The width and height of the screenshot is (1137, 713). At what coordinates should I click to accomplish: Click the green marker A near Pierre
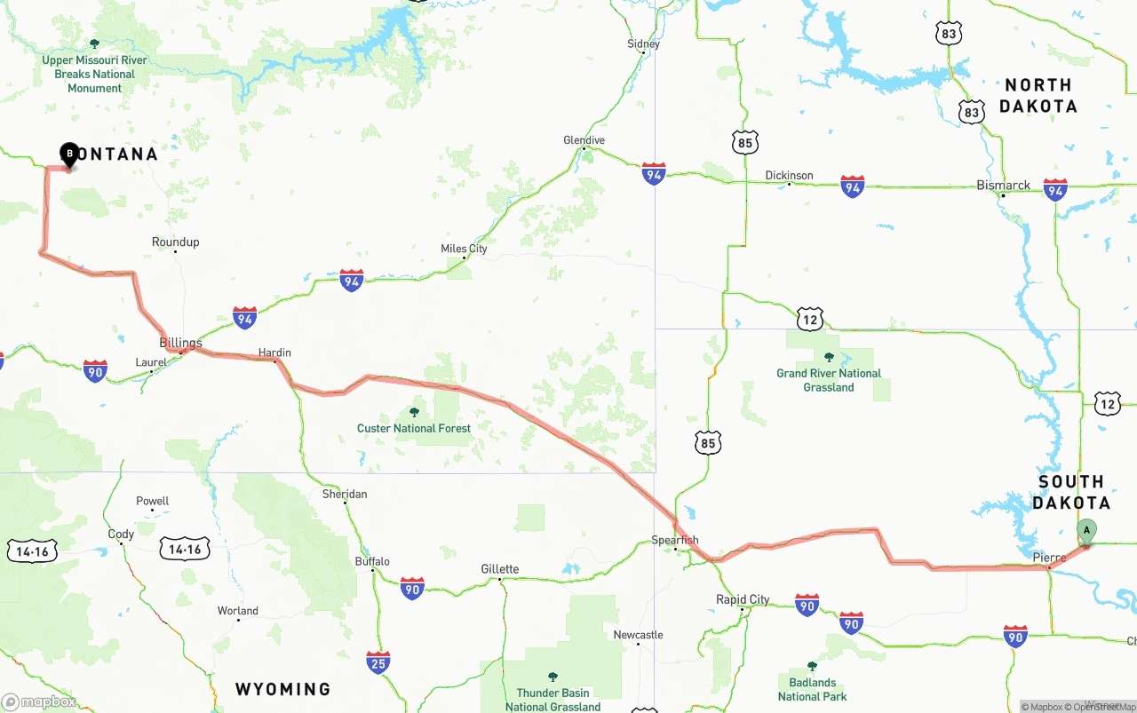pyautogui.click(x=1085, y=531)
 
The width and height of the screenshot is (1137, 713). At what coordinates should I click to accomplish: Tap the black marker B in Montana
pyautogui.click(x=69, y=154)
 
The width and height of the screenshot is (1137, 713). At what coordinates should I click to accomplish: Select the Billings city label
pyautogui.click(x=180, y=343)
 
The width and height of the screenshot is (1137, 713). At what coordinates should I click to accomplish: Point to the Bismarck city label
pyautogui.click(x=1003, y=186)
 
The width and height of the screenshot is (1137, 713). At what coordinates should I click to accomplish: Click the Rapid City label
pyautogui.click(x=743, y=599)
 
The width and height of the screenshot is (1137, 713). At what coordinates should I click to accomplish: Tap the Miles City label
pyautogui.click(x=464, y=249)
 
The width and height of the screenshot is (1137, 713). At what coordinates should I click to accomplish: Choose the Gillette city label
pyautogui.click(x=500, y=569)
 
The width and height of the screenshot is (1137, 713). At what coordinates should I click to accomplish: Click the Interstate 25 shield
pyautogui.click(x=378, y=662)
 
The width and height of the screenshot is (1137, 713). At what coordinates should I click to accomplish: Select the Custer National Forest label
pyautogui.click(x=414, y=428)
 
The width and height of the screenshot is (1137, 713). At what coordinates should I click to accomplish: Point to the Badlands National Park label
pyautogui.click(x=812, y=689)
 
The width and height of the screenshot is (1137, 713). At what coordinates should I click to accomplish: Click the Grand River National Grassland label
pyautogui.click(x=829, y=380)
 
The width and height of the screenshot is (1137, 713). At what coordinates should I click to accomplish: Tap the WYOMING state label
pyautogui.click(x=282, y=689)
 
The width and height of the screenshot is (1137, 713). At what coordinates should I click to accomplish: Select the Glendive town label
pyautogui.click(x=584, y=140)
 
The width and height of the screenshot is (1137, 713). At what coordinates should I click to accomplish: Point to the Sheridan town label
pyautogui.click(x=345, y=494)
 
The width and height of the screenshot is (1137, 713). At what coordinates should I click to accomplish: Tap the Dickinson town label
pyautogui.click(x=789, y=175)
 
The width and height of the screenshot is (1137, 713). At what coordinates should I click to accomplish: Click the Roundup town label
pyautogui.click(x=175, y=242)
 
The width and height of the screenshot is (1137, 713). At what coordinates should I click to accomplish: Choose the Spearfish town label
pyautogui.click(x=675, y=540)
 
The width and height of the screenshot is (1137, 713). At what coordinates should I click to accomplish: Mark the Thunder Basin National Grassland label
pyautogui.click(x=553, y=700)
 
